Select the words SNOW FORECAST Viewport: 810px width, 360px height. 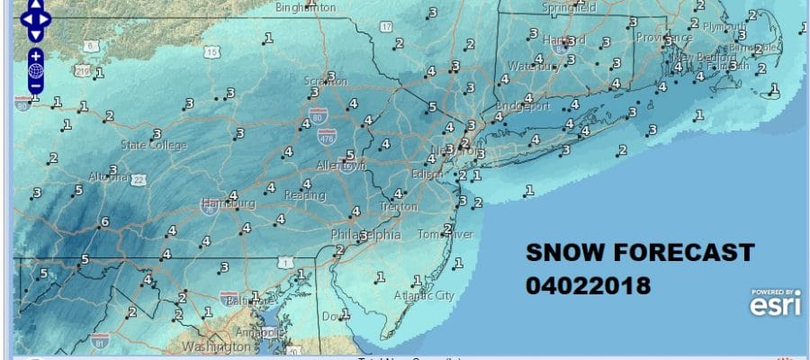[640, 253]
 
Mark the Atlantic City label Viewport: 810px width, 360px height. [424, 294]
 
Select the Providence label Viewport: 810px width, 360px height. [664, 38]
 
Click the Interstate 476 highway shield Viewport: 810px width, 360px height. [328, 137]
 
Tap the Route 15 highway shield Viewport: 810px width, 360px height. [212, 52]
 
